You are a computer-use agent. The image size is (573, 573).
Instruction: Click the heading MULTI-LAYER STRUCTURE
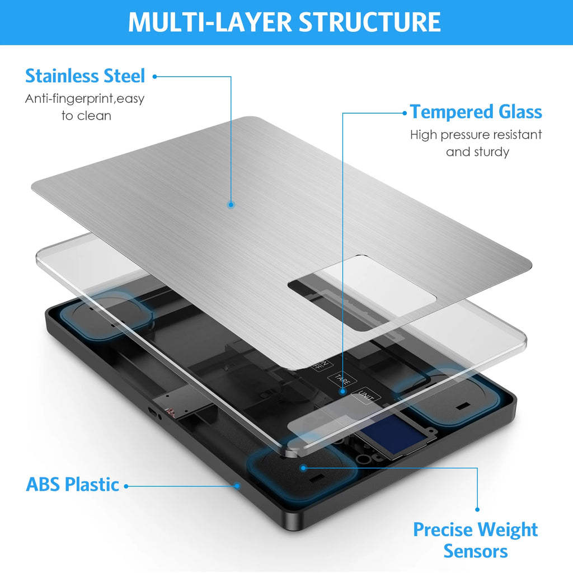point(284,22)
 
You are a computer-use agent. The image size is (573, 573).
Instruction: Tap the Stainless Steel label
point(85,76)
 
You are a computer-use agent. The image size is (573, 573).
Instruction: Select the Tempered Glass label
point(476,112)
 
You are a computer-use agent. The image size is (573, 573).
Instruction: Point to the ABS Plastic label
point(72,485)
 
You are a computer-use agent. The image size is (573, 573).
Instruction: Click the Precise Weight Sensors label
point(476,540)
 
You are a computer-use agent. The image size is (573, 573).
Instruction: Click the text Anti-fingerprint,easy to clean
point(85,107)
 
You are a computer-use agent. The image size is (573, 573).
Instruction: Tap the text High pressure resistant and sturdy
point(476,143)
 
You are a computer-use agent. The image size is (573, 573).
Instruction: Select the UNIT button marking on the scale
point(365,396)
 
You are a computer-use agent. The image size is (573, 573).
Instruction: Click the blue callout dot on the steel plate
point(231,205)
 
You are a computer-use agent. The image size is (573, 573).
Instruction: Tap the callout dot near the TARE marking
point(342,391)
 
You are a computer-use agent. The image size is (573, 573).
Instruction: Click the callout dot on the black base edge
point(237,486)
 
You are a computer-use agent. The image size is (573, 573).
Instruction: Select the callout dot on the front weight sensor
point(303,468)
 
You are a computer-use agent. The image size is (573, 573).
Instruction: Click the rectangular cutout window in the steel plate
point(362,293)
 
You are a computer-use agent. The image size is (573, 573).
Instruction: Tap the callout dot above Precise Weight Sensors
point(477,509)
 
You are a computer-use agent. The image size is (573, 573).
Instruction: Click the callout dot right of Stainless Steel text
point(154,77)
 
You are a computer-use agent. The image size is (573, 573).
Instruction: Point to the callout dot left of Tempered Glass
point(405,113)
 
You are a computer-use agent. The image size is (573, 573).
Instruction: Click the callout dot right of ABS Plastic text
point(126,486)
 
